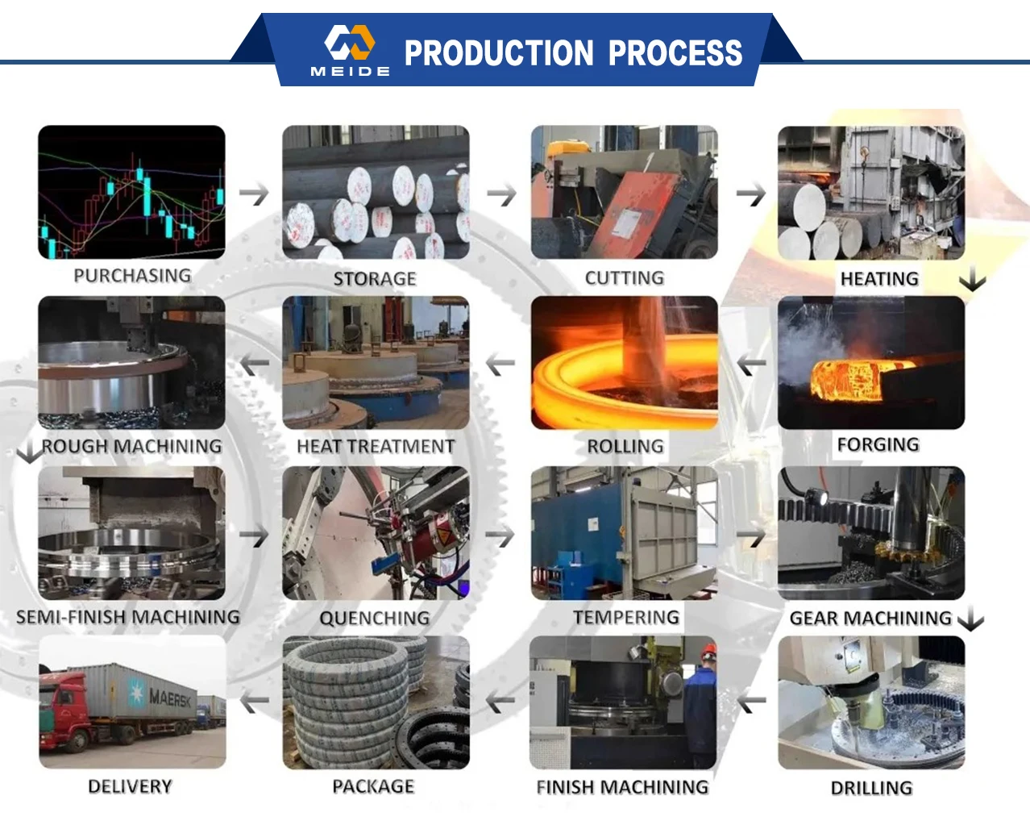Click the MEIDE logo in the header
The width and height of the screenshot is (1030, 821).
click(351, 50)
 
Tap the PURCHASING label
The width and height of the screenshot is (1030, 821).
click(132, 276)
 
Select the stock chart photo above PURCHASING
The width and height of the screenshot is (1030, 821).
click(131, 192)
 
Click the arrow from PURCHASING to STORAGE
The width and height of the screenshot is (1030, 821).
click(254, 194)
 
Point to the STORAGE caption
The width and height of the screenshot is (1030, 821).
click(375, 279)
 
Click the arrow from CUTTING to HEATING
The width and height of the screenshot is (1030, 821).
click(751, 194)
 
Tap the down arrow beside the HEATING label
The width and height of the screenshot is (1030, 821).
click(973, 279)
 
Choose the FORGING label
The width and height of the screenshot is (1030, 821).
click(878, 444)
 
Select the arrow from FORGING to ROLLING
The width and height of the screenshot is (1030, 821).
click(751, 365)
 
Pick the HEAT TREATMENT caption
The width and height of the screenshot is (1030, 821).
click(376, 446)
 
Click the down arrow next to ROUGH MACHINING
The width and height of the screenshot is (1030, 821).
click(30, 452)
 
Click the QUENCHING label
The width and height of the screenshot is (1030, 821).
click(375, 618)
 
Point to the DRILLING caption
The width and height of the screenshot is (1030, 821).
click(871, 788)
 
